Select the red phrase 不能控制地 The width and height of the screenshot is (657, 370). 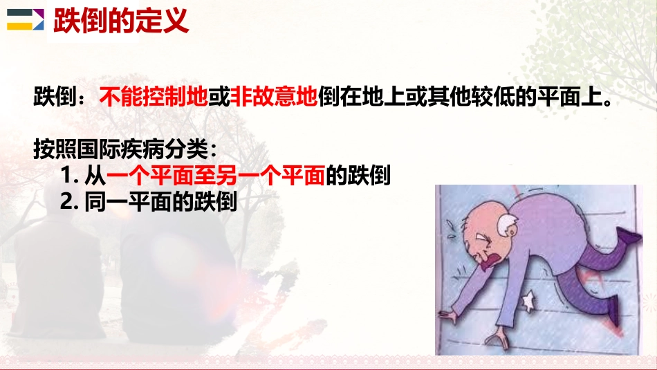[154, 98]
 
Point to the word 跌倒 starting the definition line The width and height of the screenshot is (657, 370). [53, 98]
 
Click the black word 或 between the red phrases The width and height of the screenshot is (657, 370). [219, 98]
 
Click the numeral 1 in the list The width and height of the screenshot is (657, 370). [67, 177]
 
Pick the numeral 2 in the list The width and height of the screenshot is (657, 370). [68, 202]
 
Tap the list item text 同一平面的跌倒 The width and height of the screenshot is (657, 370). [162, 202]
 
